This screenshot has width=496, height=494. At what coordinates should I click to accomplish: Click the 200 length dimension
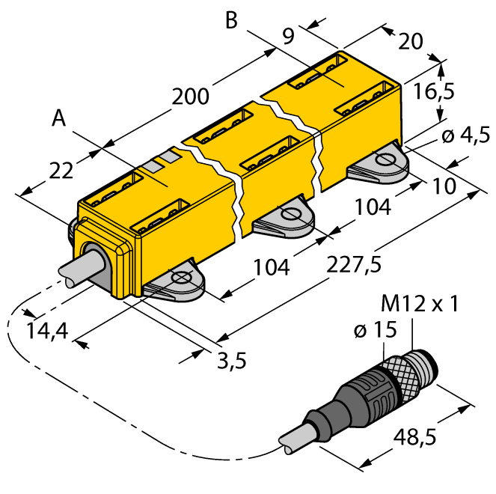click(189, 97)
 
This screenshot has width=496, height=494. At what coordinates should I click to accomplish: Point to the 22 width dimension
click(61, 170)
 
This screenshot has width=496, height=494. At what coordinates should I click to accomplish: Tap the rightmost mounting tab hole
click(386, 159)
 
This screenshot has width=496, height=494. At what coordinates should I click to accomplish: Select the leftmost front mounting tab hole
click(180, 278)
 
